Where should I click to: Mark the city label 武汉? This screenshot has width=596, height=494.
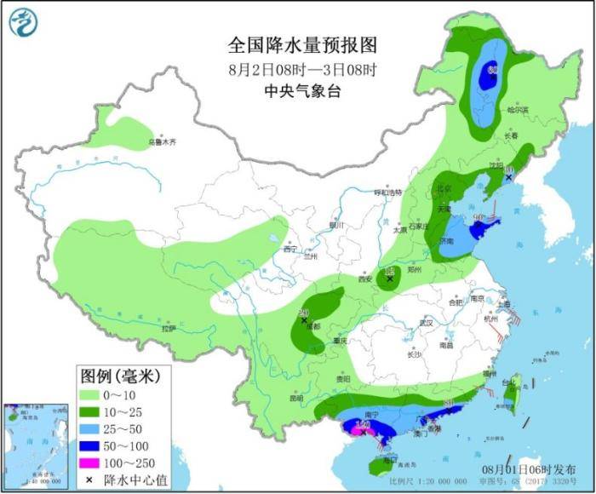[x=425, y=323]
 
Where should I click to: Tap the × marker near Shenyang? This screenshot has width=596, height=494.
[x=508, y=177]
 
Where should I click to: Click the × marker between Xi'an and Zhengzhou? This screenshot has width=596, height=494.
[x=390, y=279]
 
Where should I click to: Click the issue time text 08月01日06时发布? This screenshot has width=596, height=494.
[x=529, y=469]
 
